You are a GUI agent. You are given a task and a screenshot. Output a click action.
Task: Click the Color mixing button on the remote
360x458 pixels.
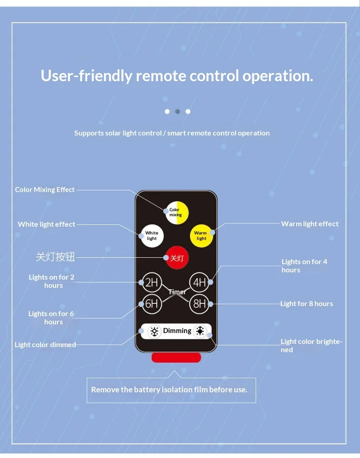pos(177,213)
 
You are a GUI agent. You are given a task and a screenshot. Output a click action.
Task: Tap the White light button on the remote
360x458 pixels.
pos(152,236)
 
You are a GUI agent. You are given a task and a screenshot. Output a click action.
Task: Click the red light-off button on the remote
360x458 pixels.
pos(177,258)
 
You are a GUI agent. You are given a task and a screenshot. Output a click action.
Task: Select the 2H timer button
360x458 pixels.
pos(152,282)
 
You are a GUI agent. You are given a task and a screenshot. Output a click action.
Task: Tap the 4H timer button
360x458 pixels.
pos(199,282)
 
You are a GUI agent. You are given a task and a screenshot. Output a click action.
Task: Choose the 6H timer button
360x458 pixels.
pos(152,304)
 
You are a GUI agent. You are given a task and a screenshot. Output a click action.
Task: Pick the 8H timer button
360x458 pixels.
pos(199,304)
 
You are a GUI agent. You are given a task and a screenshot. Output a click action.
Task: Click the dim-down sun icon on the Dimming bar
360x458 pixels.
pos(154,331)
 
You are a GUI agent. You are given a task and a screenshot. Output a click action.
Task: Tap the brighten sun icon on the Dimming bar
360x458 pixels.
pos(200,331)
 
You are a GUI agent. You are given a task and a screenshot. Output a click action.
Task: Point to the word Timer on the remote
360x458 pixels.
pos(177,292)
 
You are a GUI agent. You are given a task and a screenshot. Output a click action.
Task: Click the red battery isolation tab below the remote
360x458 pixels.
pos(176,358)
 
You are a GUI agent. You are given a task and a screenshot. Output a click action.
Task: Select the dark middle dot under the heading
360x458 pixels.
pos(177,111)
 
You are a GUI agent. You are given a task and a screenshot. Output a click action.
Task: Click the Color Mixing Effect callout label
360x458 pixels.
pos(45,190)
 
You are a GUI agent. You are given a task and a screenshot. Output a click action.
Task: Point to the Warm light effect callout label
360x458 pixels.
pos(310,224)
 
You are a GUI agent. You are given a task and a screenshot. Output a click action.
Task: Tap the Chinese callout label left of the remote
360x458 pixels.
pos(56,257)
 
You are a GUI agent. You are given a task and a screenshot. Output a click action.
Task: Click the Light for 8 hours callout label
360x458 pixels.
pos(307,304)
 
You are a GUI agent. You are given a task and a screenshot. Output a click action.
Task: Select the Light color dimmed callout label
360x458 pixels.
pos(45,345)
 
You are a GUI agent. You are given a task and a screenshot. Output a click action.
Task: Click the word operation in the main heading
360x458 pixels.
pos(278,76)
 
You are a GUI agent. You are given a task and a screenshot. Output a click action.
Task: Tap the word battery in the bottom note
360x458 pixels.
pos(147,390)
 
